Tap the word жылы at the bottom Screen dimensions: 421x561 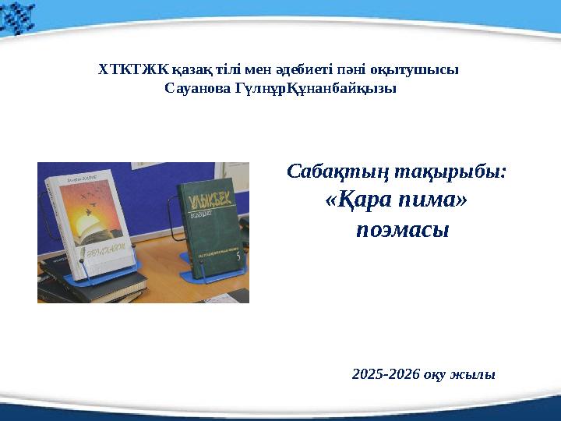coord(476,374)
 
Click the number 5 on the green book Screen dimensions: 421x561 coord(238,254)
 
